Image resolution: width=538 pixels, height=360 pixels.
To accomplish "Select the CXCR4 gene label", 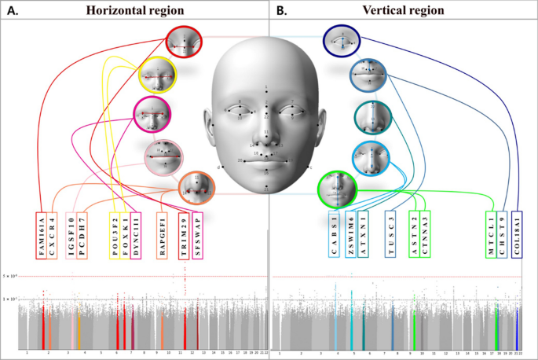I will [52, 234].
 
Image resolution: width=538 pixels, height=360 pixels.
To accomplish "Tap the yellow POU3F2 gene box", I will [115, 234].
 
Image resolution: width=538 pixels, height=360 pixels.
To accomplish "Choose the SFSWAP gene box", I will [196, 234].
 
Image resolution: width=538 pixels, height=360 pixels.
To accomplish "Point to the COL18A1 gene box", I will [518, 234].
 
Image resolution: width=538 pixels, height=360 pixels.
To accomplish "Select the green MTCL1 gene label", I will [492, 234].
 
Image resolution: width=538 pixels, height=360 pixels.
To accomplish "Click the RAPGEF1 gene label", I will [163, 234].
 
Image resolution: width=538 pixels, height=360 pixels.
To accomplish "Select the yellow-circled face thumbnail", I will [157, 76].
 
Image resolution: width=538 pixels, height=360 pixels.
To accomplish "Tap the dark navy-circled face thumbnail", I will [342, 42].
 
